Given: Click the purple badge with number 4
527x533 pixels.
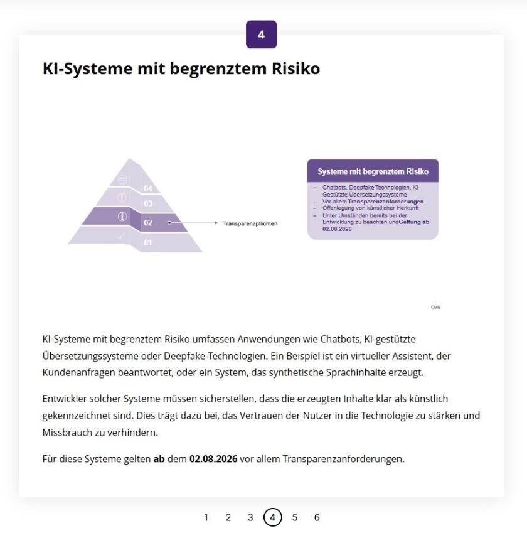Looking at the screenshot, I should pos(261,35).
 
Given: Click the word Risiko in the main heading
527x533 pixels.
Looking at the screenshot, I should pos(295,68).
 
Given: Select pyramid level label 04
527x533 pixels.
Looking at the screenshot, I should pos(148,188).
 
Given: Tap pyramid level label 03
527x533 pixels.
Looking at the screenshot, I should pos(148,203).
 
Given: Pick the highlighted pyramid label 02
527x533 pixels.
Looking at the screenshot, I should pos(148,223).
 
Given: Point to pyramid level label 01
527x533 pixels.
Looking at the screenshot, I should pos(148,242).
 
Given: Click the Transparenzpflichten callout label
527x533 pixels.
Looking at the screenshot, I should pos(250,223).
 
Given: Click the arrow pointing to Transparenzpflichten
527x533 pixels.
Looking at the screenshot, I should pos(194,223).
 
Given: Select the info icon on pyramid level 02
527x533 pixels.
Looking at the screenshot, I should pos(122,217).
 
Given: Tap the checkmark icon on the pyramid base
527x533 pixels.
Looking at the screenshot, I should pos(122,236).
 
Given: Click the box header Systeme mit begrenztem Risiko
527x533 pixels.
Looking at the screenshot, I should pos(373,171).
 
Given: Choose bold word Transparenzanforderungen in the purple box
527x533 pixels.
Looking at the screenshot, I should pos(390,202).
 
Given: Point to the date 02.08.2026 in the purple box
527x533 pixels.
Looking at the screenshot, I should pos(337,229).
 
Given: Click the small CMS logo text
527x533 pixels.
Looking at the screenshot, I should pos(435,307).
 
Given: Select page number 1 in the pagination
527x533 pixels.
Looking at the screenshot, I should pos(206,517).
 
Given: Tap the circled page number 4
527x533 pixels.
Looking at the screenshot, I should pos(272,517).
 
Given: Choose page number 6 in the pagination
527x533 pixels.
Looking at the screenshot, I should pos(317,517).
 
